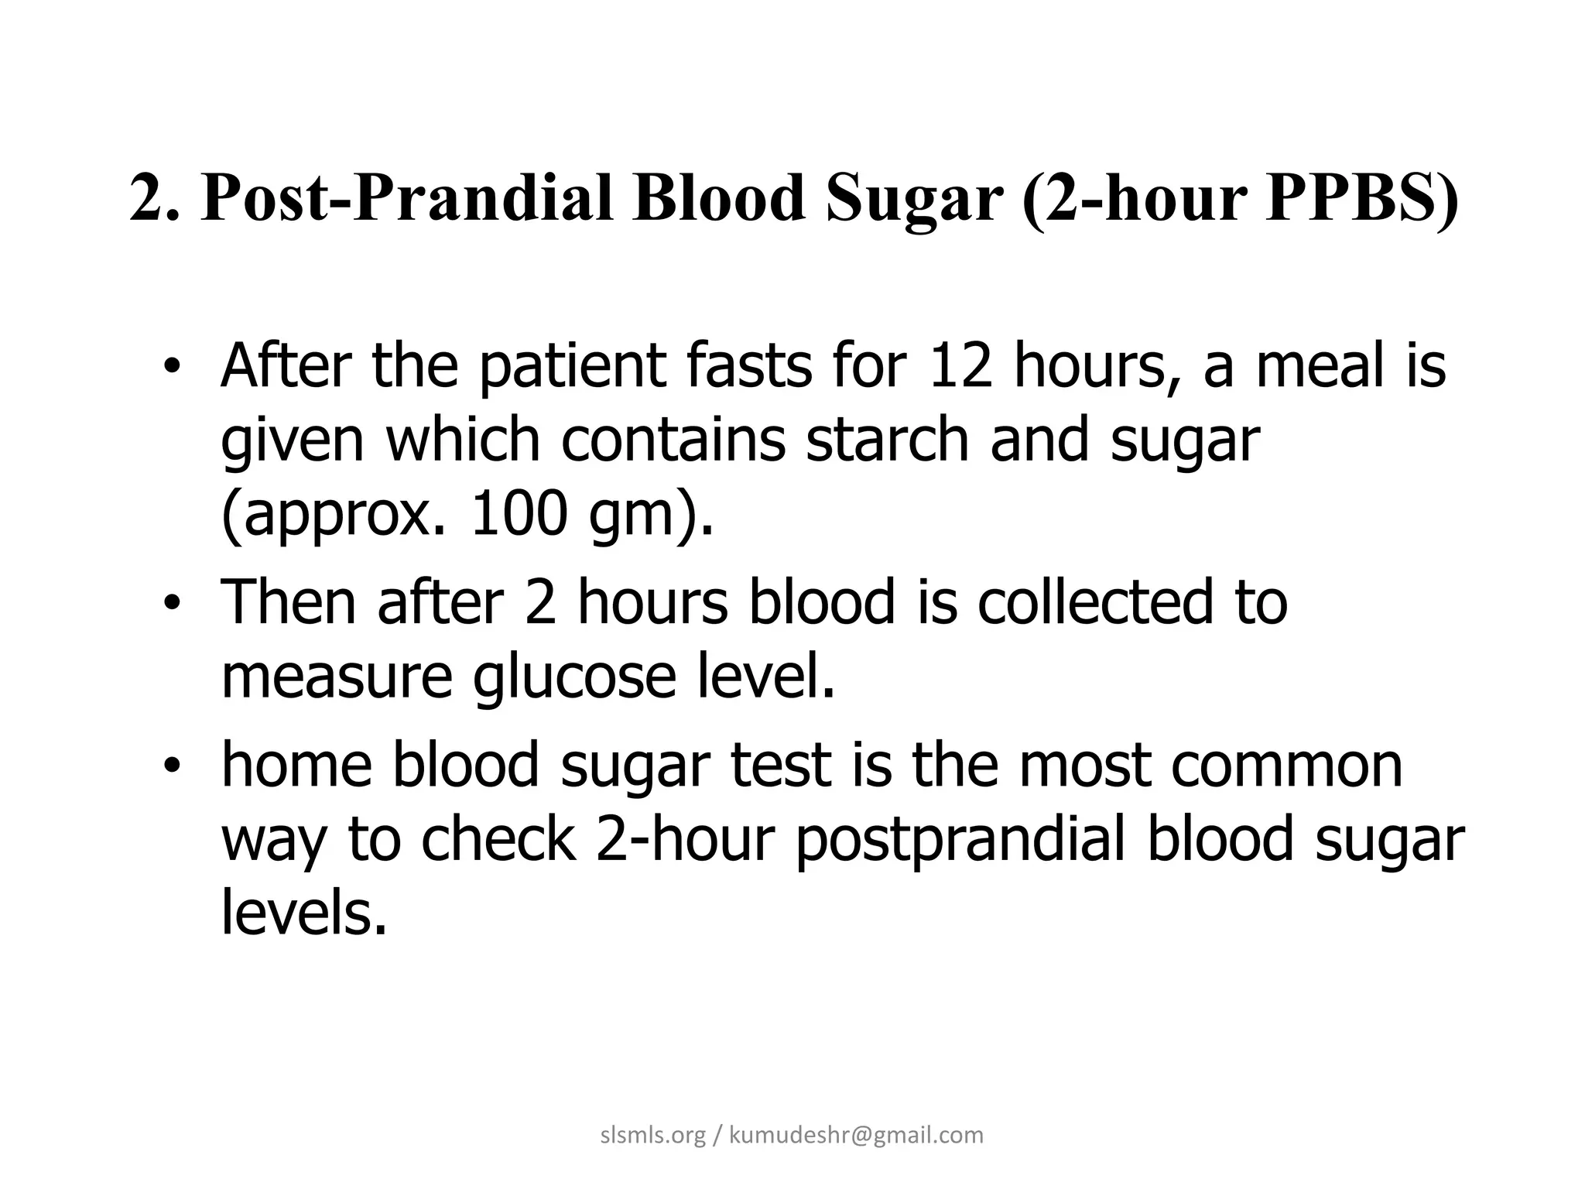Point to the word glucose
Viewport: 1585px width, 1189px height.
pyautogui.click(x=574, y=676)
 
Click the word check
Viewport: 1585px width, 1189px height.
pyautogui.click(x=498, y=840)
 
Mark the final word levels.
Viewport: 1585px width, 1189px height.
pyautogui.click(x=303, y=913)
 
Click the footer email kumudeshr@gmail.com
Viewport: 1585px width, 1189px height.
pyautogui.click(x=856, y=1136)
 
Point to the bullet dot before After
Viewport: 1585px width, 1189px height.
pyautogui.click(x=171, y=368)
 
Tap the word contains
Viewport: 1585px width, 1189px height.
pyautogui.click(x=673, y=439)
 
